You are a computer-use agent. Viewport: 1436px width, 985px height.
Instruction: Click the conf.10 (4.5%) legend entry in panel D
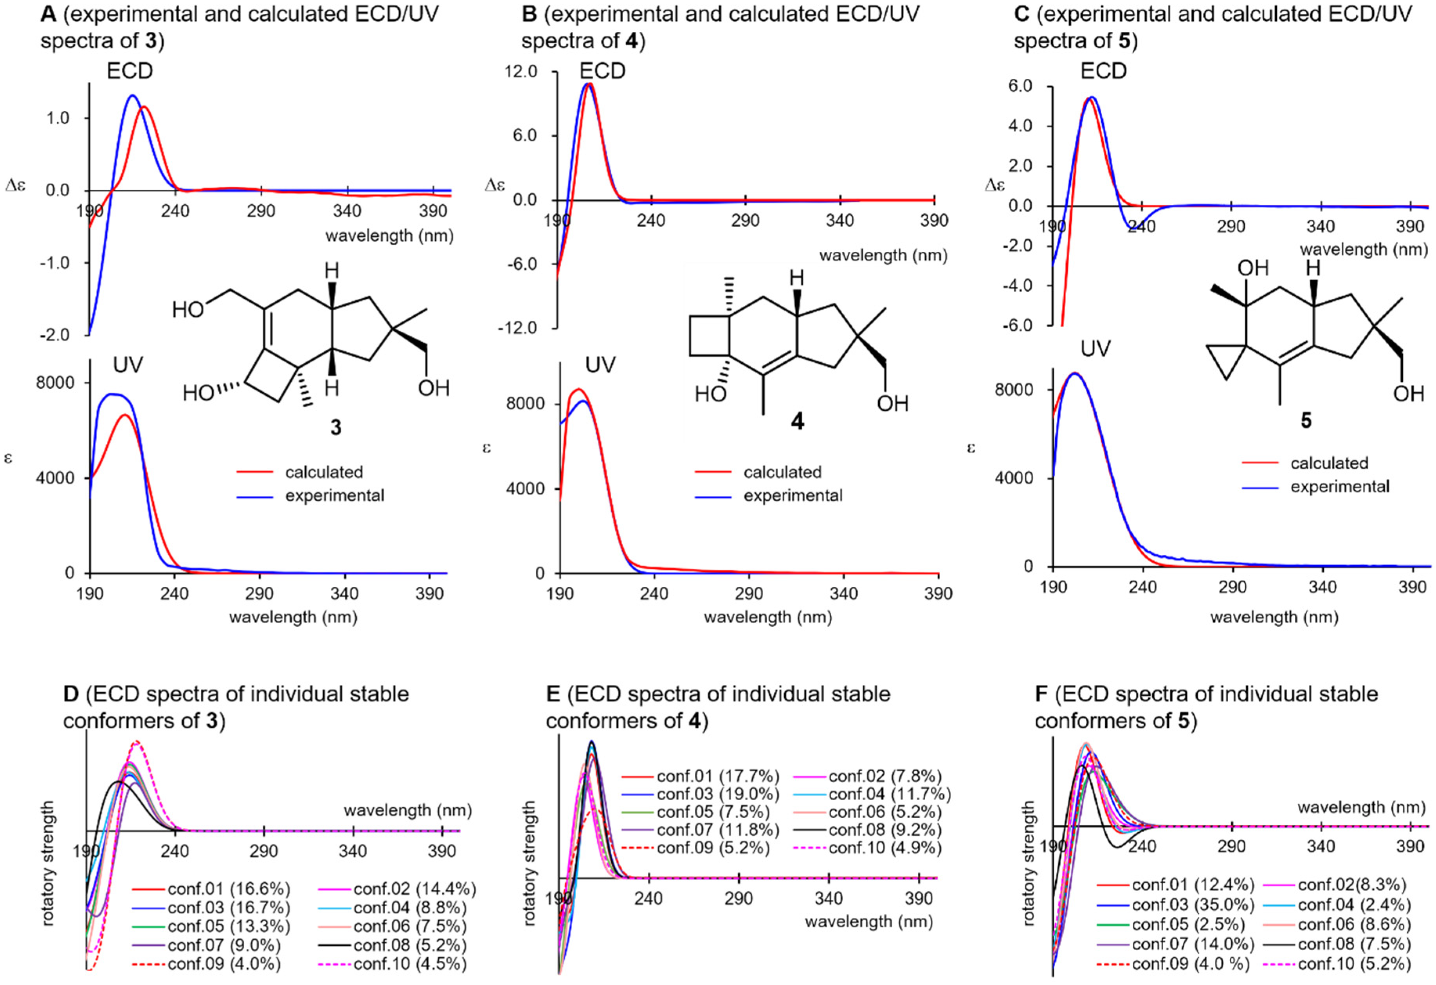tap(409, 963)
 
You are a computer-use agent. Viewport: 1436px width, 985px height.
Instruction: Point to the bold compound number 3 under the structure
tap(335, 428)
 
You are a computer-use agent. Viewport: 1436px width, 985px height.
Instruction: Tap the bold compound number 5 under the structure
tap(1306, 421)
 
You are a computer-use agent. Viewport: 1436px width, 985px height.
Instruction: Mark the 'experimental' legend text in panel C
tap(1340, 487)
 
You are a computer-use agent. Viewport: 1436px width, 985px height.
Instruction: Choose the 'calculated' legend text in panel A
tap(324, 472)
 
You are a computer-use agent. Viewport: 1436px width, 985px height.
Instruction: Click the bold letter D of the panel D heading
tap(71, 694)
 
